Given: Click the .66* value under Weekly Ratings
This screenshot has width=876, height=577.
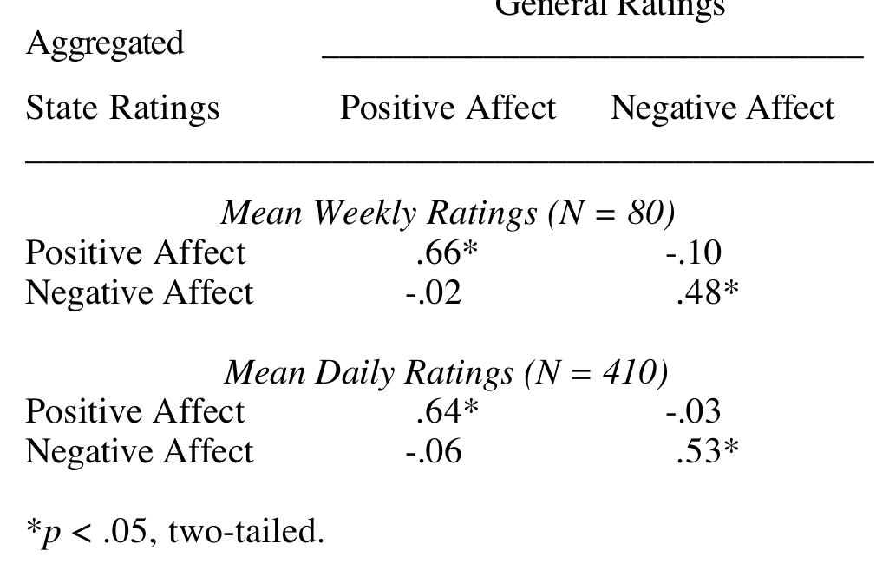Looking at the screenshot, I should (x=447, y=252).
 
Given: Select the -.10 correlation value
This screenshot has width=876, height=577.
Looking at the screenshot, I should (x=693, y=252).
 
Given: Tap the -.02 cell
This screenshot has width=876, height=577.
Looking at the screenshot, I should (x=433, y=292).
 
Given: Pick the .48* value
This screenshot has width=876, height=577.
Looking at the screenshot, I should (x=707, y=292).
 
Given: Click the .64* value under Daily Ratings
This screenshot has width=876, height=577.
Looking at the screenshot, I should (x=447, y=411).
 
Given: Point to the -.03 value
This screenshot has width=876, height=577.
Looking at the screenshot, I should (x=693, y=411).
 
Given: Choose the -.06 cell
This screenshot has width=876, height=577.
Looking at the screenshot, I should (x=433, y=451).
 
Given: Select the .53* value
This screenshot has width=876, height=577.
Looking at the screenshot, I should (x=707, y=451).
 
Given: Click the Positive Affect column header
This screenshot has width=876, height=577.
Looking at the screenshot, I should (x=448, y=108).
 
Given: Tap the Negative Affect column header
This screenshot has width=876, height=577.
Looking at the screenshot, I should (x=722, y=108).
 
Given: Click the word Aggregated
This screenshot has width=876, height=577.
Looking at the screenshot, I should (x=105, y=43).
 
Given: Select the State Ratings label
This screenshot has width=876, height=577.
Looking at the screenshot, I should (x=122, y=108).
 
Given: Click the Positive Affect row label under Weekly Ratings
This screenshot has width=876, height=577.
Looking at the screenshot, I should (x=135, y=252).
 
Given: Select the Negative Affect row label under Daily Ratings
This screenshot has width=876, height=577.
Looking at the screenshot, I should (x=139, y=451).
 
